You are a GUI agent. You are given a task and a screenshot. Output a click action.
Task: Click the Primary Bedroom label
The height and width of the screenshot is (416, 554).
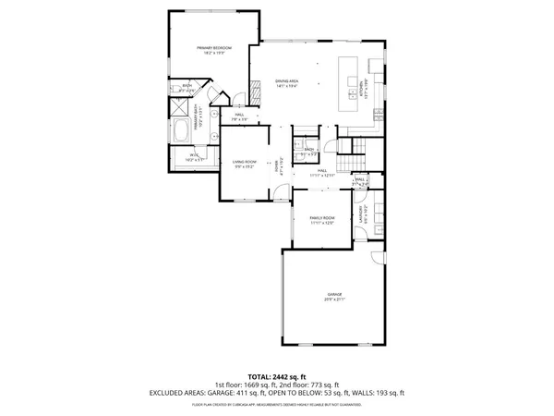click(213, 51)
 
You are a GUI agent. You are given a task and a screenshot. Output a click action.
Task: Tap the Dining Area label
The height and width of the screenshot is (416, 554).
click(286, 82)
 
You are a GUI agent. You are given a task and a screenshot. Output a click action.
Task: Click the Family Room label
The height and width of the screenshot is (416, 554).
click(320, 220)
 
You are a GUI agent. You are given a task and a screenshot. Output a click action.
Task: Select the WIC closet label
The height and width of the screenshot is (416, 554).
click(195, 158)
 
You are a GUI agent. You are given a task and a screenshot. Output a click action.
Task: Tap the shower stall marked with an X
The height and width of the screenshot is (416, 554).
click(175, 105)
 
